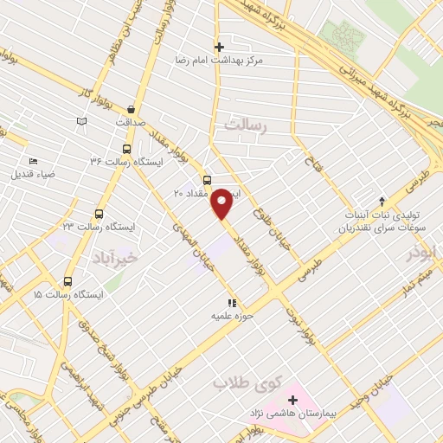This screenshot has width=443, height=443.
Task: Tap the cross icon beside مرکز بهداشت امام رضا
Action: coord(220,47)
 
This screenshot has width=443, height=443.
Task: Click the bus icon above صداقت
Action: coord(131,109)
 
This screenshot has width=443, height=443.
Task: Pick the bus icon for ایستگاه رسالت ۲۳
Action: coord(99,213)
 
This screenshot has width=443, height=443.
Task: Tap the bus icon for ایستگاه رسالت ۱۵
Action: coord(67,279)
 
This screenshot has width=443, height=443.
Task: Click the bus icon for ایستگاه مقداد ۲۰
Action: coord(206,180)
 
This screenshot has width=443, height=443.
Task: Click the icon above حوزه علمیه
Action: coord(231,304)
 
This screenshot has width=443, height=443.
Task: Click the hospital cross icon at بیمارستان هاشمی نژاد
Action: coord(292,400)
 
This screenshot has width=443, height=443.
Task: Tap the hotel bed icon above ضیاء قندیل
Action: coord(34,161)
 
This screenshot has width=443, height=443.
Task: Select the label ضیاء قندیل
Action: coord(32,175)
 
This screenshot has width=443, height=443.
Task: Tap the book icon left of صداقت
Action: coord(82,121)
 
